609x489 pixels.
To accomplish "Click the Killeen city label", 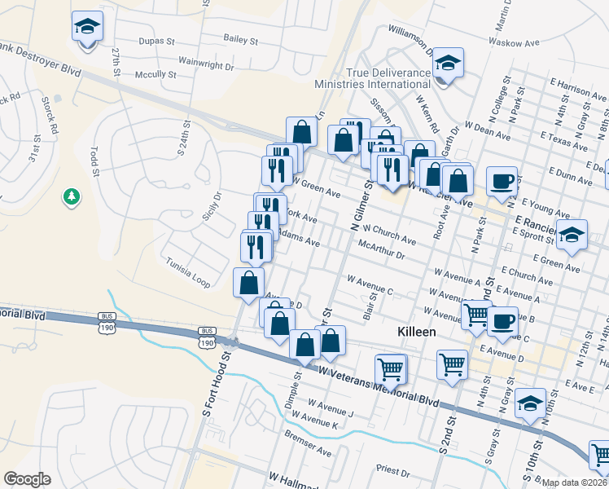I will [417, 333].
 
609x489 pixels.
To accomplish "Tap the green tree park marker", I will [72, 196].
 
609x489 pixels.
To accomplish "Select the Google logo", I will [27, 479].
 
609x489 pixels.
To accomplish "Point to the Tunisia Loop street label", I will [188, 273].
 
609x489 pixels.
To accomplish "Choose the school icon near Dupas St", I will [86, 27].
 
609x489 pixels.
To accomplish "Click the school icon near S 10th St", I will [530, 403].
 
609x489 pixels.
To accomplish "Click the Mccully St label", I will [155, 74].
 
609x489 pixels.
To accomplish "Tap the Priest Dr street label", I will [392, 470].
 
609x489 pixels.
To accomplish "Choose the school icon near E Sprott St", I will [572, 234].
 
